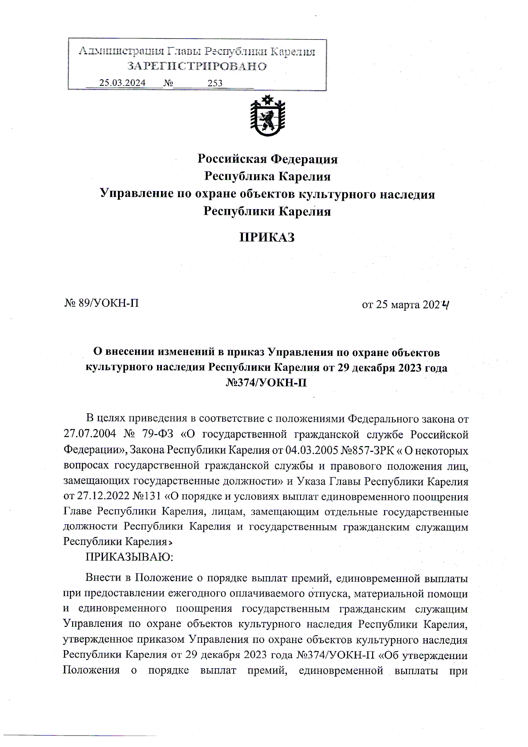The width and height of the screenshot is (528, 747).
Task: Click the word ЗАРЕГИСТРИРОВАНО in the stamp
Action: (x=197, y=66)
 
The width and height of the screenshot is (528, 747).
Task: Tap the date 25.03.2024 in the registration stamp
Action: (x=122, y=83)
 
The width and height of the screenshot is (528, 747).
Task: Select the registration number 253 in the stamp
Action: (x=215, y=83)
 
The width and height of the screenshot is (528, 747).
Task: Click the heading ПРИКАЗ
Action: (x=267, y=238)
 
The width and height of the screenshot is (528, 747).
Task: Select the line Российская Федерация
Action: (x=267, y=159)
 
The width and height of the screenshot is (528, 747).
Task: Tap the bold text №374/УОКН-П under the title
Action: (x=266, y=383)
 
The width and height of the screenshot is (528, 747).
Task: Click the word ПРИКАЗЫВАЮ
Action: (x=129, y=557)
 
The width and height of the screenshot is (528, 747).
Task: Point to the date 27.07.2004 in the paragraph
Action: (x=90, y=434)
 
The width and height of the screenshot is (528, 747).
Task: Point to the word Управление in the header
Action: (x=136, y=194)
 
